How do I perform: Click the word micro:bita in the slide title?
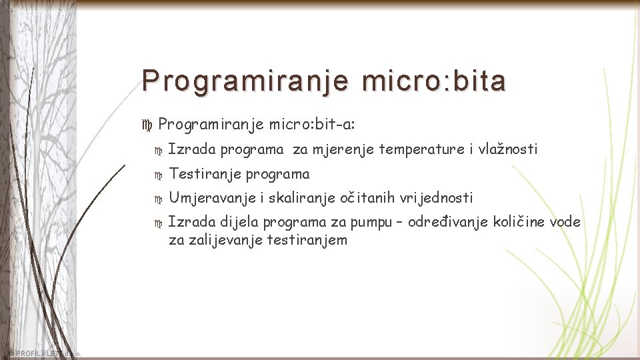[434, 81]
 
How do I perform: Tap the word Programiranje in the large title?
[245, 81]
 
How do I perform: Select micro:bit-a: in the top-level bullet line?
[311, 124]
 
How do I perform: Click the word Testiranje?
[205, 174]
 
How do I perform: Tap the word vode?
[565, 222]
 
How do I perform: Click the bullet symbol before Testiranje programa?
[158, 175]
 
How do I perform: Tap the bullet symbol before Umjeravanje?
[158, 199]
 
